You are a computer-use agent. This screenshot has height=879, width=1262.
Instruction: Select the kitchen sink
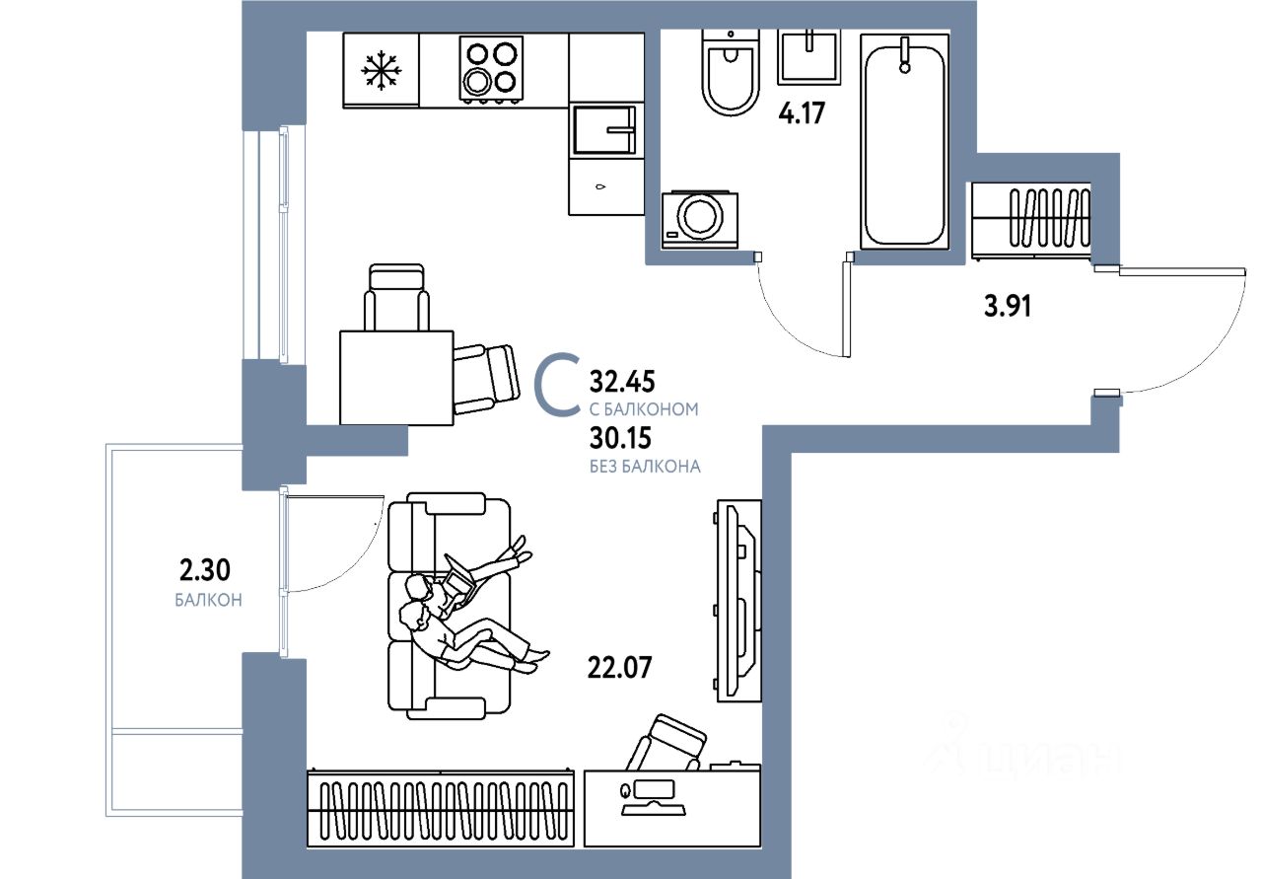(603, 129)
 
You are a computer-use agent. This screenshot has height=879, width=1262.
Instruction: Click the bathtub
(904, 140)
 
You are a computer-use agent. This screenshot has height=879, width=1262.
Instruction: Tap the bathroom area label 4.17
(801, 111)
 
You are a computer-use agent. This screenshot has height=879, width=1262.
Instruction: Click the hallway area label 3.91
(1007, 307)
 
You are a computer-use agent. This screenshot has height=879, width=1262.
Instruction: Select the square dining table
(396, 377)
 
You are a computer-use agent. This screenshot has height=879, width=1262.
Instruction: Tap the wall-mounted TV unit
(737, 600)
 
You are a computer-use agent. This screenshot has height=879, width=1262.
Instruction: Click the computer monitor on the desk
(652, 789)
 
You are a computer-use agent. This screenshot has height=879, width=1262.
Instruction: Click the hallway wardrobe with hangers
(1032, 220)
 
